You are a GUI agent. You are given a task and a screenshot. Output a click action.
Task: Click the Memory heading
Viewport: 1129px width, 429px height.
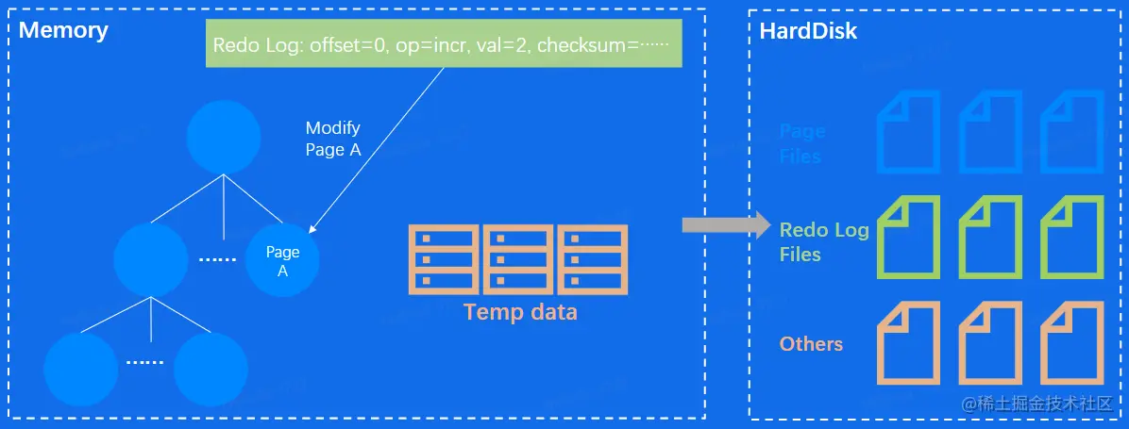(x=63, y=30)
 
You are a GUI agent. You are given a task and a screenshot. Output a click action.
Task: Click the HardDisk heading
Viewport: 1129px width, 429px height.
(x=808, y=30)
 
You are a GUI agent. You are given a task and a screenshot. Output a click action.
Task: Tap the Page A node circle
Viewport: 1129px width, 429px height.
(x=282, y=261)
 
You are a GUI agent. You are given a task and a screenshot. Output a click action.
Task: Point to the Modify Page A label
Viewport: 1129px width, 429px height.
(x=332, y=139)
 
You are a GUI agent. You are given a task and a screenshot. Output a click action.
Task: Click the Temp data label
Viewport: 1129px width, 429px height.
(x=520, y=311)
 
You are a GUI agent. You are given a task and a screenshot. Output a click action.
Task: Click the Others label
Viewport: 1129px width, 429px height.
(x=811, y=343)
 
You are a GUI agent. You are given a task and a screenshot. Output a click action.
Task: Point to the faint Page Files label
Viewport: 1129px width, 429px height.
(x=801, y=143)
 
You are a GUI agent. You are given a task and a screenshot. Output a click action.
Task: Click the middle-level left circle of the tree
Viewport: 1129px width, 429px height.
(x=150, y=260)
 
